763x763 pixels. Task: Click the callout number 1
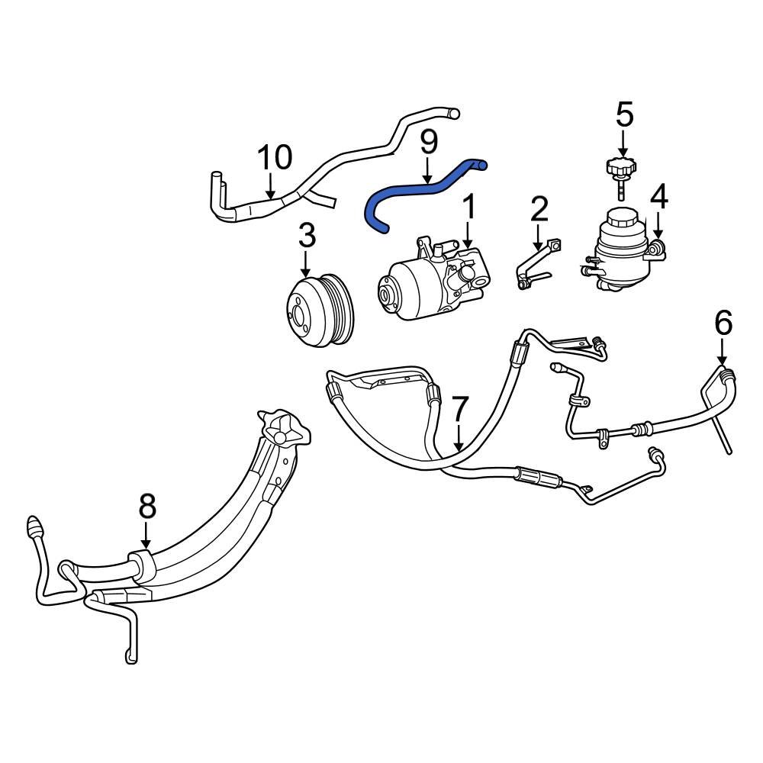[468, 206]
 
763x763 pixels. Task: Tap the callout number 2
[539, 208]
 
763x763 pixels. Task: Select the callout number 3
[306, 237]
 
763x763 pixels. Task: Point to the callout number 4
[658, 197]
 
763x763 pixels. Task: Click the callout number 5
[623, 115]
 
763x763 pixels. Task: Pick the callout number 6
[723, 324]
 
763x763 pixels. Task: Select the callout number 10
[274, 158]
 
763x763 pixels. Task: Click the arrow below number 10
[269, 186]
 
